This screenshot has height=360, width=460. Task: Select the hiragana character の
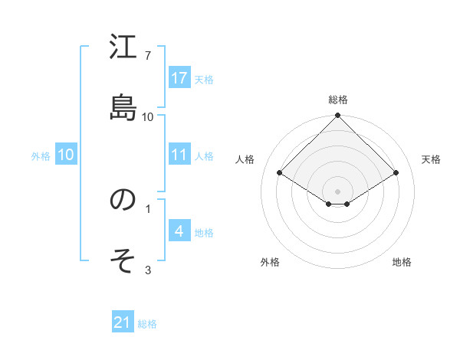pyautogui.click(x=123, y=200)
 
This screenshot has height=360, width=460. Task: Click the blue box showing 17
pyautogui.click(x=179, y=78)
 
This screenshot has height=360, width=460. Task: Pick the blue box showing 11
pyautogui.click(x=179, y=155)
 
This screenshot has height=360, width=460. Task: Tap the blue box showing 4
pyautogui.click(x=179, y=231)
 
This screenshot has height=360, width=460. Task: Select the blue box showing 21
pyautogui.click(x=123, y=323)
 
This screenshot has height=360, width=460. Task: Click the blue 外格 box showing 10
pyautogui.click(x=66, y=155)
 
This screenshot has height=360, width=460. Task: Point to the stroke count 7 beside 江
pyautogui.click(x=148, y=55)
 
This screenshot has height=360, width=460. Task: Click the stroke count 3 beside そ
pyautogui.click(x=148, y=270)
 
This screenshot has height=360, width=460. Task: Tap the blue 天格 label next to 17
pyautogui.click(x=204, y=79)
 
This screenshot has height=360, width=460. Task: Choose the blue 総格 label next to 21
pyautogui.click(x=147, y=324)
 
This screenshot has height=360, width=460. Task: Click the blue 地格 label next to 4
pyautogui.click(x=204, y=232)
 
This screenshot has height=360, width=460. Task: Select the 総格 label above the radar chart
pyautogui.click(x=337, y=100)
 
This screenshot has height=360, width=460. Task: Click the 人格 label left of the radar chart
pyautogui.click(x=245, y=159)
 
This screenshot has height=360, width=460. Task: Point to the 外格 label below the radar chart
pyautogui.click(x=270, y=262)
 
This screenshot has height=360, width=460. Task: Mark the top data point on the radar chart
pyautogui.click(x=337, y=116)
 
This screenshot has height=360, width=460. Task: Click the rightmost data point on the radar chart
pyautogui.click(x=396, y=173)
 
